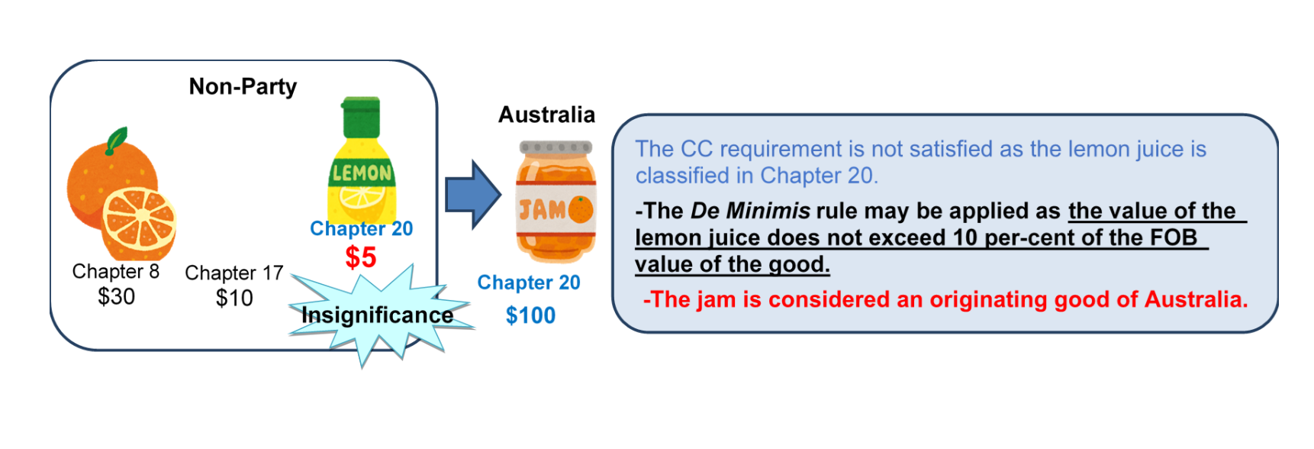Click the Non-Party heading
click(x=243, y=87)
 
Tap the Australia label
click(x=546, y=115)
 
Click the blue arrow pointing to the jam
click(x=472, y=195)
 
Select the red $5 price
click(x=360, y=257)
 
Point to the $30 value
click(x=116, y=296)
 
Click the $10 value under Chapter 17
click(x=234, y=298)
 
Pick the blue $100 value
click(x=530, y=315)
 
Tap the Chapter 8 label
click(x=115, y=272)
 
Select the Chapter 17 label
click(x=233, y=273)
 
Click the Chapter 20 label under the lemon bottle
click(x=361, y=228)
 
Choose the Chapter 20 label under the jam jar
click(x=529, y=283)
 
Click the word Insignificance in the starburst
click(x=377, y=315)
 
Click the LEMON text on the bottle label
click(x=362, y=173)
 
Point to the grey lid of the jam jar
click(x=556, y=147)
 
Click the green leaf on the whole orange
click(x=117, y=140)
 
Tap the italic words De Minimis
click(x=750, y=211)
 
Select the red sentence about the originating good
click(x=945, y=299)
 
